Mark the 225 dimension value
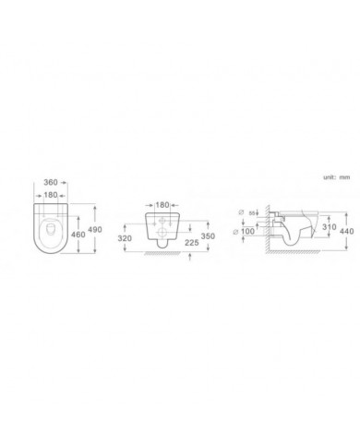191,245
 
